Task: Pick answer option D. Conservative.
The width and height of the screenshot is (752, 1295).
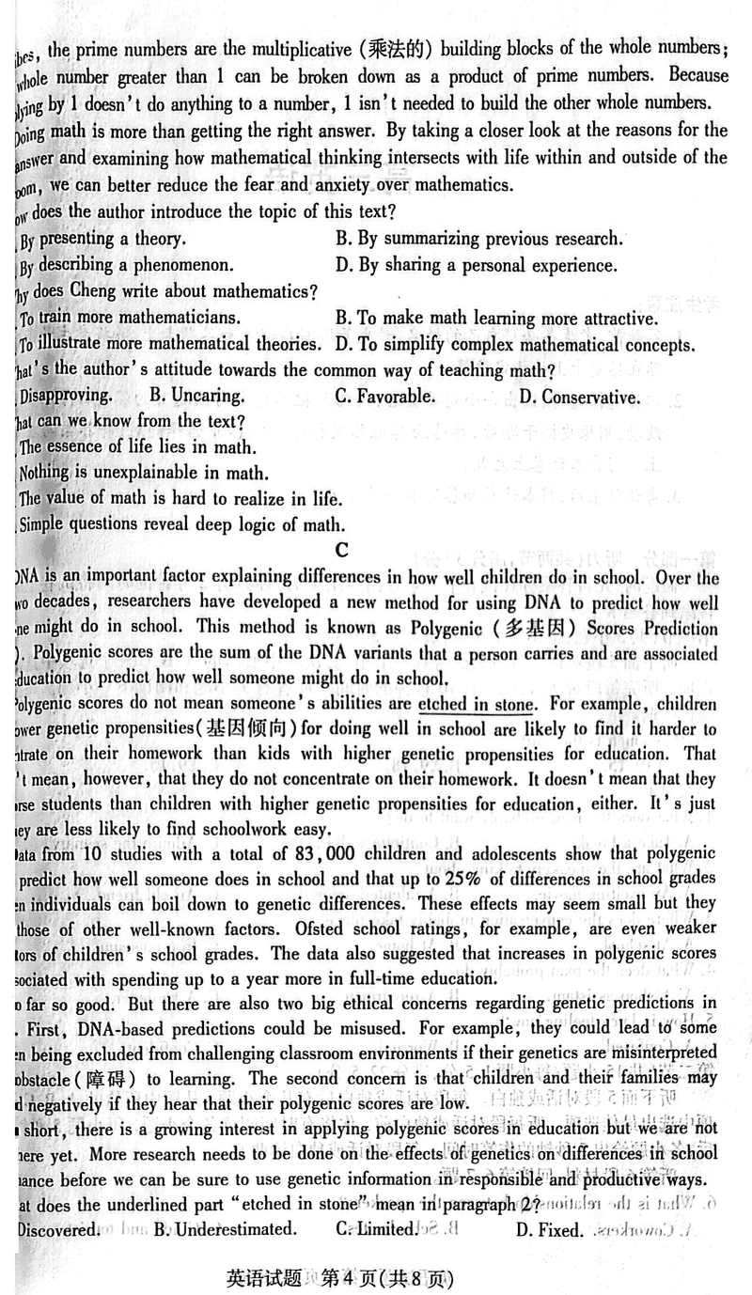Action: [x=578, y=397]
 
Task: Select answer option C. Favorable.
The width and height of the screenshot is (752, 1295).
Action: [x=384, y=396]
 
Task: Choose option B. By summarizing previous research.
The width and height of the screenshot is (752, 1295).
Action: [x=478, y=239]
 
